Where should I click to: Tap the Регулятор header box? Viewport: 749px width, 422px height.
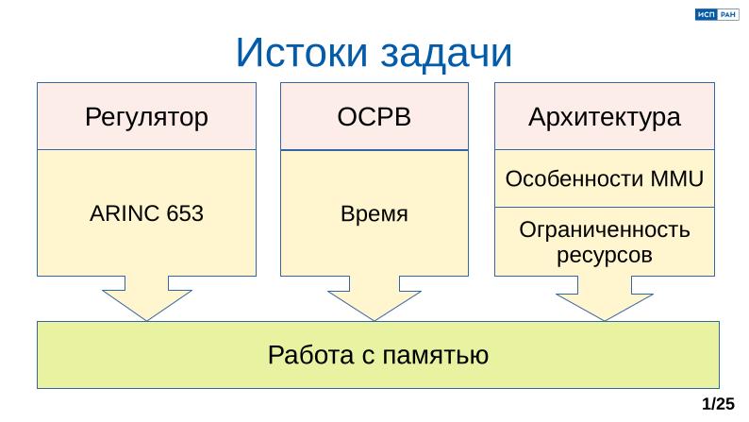[x=146, y=117]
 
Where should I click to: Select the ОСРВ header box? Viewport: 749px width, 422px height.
[x=374, y=117]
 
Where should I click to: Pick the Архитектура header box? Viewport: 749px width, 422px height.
[x=605, y=117]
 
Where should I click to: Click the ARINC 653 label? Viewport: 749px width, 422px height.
[x=146, y=213]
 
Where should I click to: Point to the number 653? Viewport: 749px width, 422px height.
[x=184, y=213]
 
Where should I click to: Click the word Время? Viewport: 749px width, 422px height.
[x=374, y=213]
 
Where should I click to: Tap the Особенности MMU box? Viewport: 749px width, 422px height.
[x=605, y=178]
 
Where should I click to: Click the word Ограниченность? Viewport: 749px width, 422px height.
[x=605, y=231]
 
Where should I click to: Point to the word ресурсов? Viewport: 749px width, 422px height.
[x=605, y=254]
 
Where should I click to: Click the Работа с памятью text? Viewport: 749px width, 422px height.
[x=377, y=355]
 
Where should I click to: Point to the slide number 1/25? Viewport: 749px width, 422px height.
[x=719, y=404]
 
